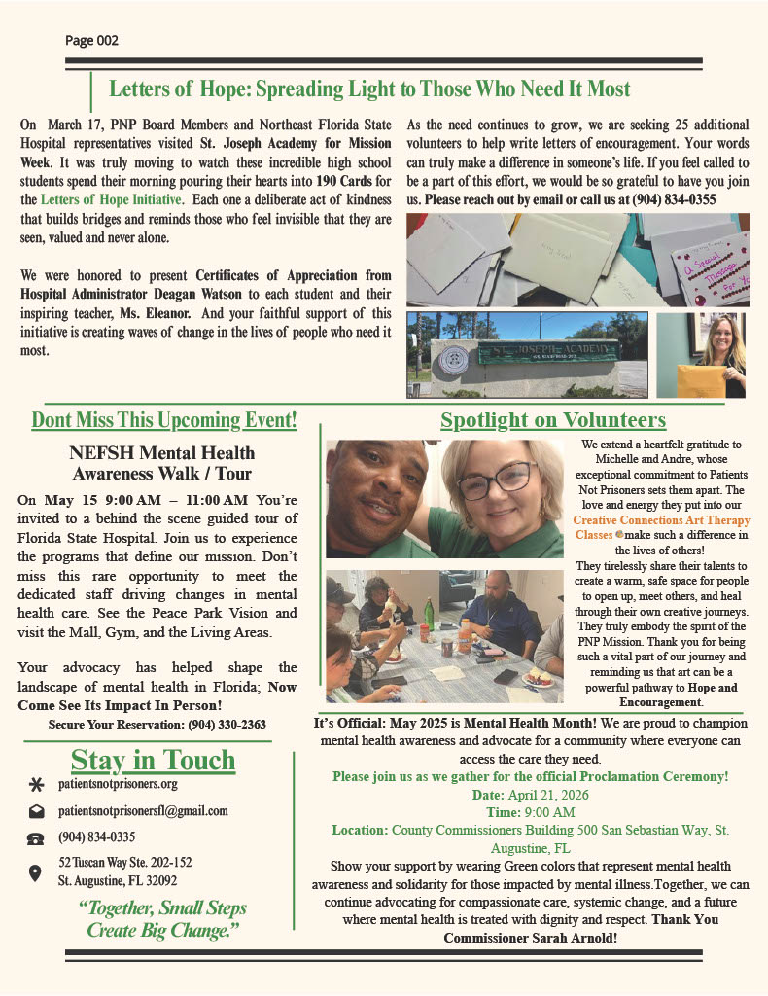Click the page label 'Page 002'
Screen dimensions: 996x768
(91, 41)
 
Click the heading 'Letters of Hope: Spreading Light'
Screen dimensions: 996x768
(369, 89)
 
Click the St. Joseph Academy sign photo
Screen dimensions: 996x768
(526, 355)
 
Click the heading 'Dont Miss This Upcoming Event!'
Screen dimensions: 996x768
(164, 421)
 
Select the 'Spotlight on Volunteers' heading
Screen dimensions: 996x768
(553, 420)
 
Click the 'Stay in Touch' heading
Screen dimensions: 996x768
(153, 761)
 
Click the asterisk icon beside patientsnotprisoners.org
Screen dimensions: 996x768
(36, 785)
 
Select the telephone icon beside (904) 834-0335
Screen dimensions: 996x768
(36, 837)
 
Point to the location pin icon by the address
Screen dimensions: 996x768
(36, 872)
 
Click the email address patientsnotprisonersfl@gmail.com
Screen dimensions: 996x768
(143, 810)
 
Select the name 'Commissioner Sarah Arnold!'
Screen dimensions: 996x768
(530, 938)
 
